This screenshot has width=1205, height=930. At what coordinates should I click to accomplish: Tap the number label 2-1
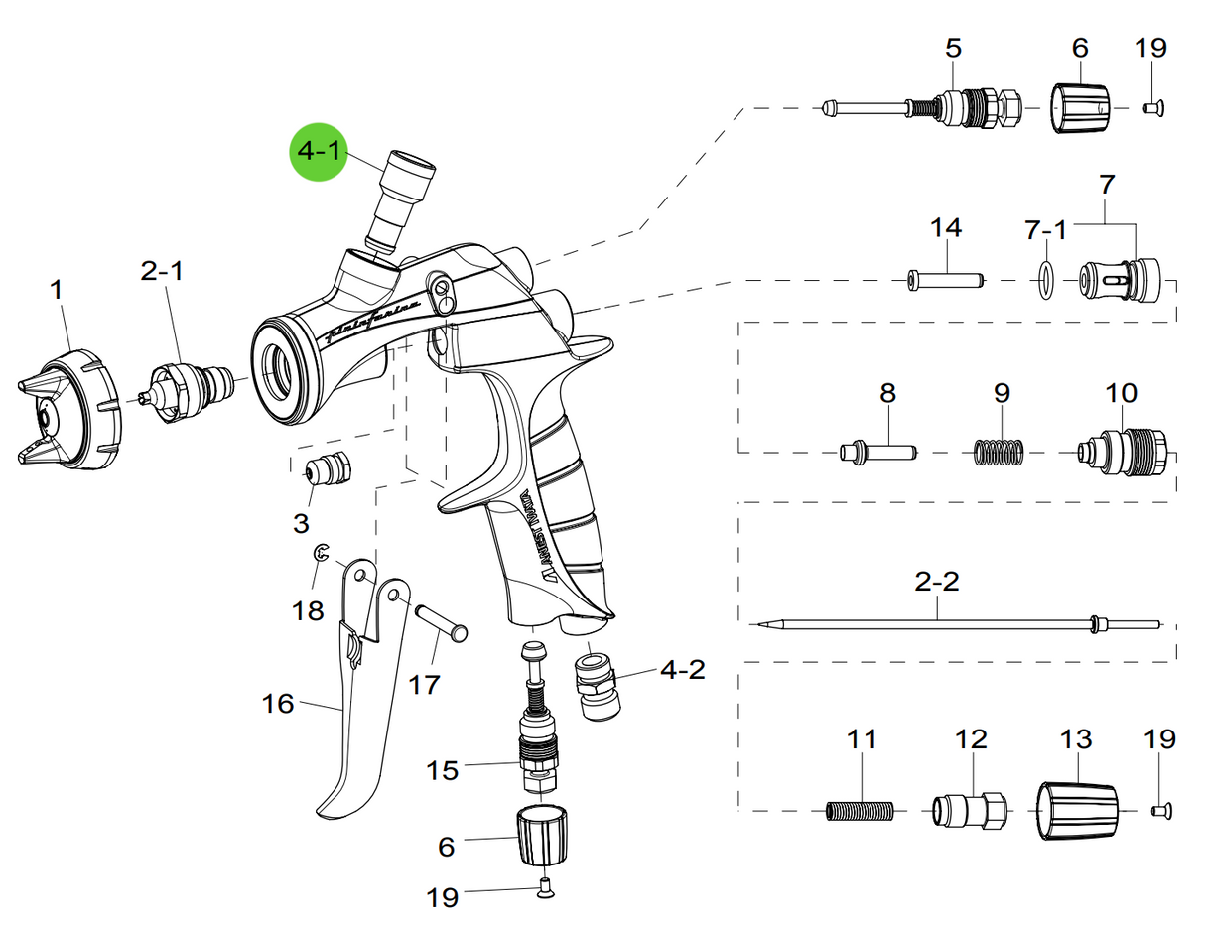161,271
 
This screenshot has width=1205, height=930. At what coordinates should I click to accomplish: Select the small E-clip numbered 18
321,555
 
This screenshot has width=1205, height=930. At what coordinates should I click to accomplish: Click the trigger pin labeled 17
440,622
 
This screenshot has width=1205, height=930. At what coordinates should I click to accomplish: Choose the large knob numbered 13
1077,810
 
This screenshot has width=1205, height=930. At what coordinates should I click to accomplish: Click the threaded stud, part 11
861,811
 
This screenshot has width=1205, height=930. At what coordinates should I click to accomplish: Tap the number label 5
953,47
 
